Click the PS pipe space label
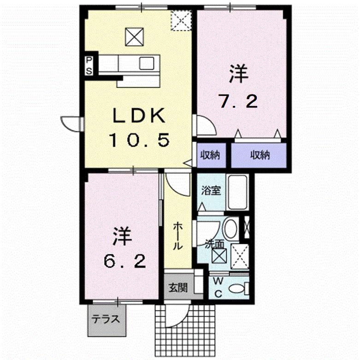pyautogui.click(x=89, y=65)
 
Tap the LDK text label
pyautogui.click(x=139, y=116)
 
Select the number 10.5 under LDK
pyautogui.click(x=140, y=140)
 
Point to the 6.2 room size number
pyautogui.click(x=124, y=261)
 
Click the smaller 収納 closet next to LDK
pyautogui.click(x=210, y=155)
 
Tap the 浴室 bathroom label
pyautogui.click(x=211, y=190)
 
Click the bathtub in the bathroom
pyautogui.click(x=237, y=192)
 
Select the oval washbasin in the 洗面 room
pyautogui.click(x=231, y=229)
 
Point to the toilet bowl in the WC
pyautogui.click(x=236, y=289)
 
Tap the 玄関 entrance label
pyautogui.click(x=178, y=288)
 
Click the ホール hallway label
pyautogui.click(x=178, y=236)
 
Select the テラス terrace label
pyautogui.click(x=106, y=319)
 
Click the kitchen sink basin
pyautogui.click(x=147, y=63)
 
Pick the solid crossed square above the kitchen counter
pyautogui.click(x=135, y=37)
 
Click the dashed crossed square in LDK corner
pyautogui.click(x=181, y=20)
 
